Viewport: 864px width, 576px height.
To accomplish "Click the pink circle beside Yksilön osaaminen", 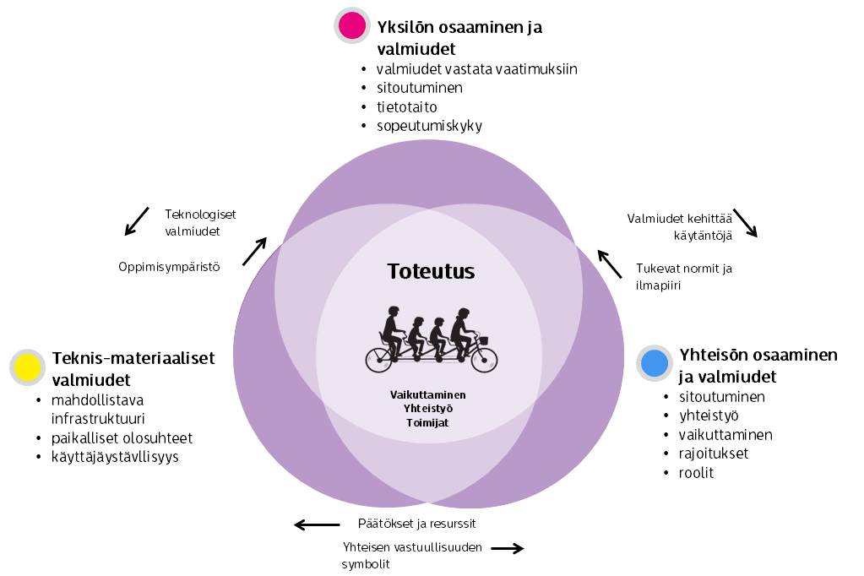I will [351, 25].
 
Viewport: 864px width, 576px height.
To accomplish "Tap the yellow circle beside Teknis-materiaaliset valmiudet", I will [28, 367].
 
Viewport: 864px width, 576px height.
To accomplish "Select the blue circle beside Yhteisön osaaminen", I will [654, 363].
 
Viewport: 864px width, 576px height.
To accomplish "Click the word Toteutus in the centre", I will [431, 271].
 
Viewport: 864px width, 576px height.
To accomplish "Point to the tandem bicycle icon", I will [431, 340].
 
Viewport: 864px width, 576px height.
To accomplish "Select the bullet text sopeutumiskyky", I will [429, 126].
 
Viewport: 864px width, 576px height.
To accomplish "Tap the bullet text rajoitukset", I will [713, 454].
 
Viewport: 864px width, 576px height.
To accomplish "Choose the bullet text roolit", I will [696, 472].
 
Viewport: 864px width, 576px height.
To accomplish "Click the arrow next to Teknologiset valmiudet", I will [136, 220].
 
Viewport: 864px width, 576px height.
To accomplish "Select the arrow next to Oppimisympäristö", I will [254, 252].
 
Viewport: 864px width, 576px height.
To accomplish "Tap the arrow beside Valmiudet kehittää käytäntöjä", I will [745, 223].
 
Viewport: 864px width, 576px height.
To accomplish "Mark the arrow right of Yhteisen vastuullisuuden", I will [508, 549].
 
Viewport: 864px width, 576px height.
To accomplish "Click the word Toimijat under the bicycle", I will [427, 421].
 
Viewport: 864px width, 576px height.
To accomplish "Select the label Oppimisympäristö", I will [169, 267].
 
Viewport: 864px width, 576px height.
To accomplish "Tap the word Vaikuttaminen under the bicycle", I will [427, 394].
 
